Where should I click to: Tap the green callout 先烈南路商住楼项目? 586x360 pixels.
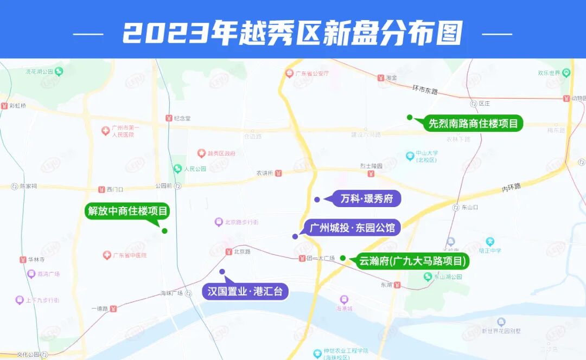pos(473,124)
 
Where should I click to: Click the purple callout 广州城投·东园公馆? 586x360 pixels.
pos(352,228)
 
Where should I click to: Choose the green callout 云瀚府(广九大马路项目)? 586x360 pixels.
pos(412,261)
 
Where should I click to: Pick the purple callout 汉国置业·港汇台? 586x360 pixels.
pos(245,292)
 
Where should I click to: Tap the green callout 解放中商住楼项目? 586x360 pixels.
pos(128,211)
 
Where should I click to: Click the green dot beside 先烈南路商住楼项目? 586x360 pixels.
pos(410,117)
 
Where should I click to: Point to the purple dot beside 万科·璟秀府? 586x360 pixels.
pos(317,200)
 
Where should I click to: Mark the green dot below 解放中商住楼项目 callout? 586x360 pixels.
pos(164,231)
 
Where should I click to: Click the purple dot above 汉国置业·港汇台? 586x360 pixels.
pos(222,271)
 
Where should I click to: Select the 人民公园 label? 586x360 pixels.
pos(195,169)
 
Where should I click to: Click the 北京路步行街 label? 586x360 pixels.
pos(241,222)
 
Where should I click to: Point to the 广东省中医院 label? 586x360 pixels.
pos(130,255)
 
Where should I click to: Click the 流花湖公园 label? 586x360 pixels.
pos(39,71)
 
